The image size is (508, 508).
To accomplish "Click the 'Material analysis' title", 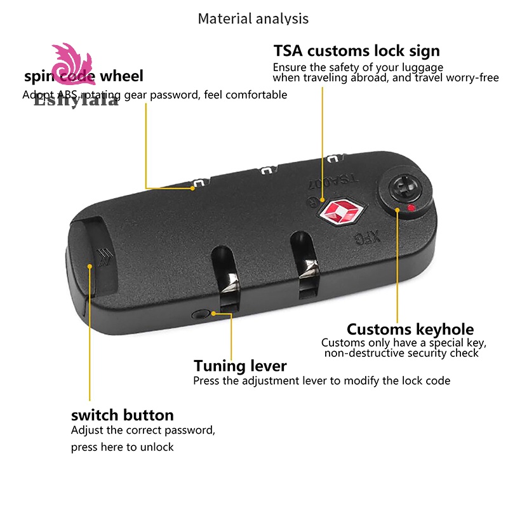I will click(253, 18).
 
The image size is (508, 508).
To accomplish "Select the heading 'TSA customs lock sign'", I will click(356, 51).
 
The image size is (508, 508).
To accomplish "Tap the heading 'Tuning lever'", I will click(240, 366).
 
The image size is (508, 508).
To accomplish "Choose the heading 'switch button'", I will click(122, 415).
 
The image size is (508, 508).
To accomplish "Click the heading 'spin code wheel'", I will click(84, 77).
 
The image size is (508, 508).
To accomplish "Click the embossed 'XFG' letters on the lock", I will click(366, 239).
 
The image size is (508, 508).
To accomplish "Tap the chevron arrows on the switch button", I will click(102, 257).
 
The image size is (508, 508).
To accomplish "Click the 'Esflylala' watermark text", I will click(76, 100).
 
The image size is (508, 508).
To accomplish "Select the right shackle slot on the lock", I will click(304, 264).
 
